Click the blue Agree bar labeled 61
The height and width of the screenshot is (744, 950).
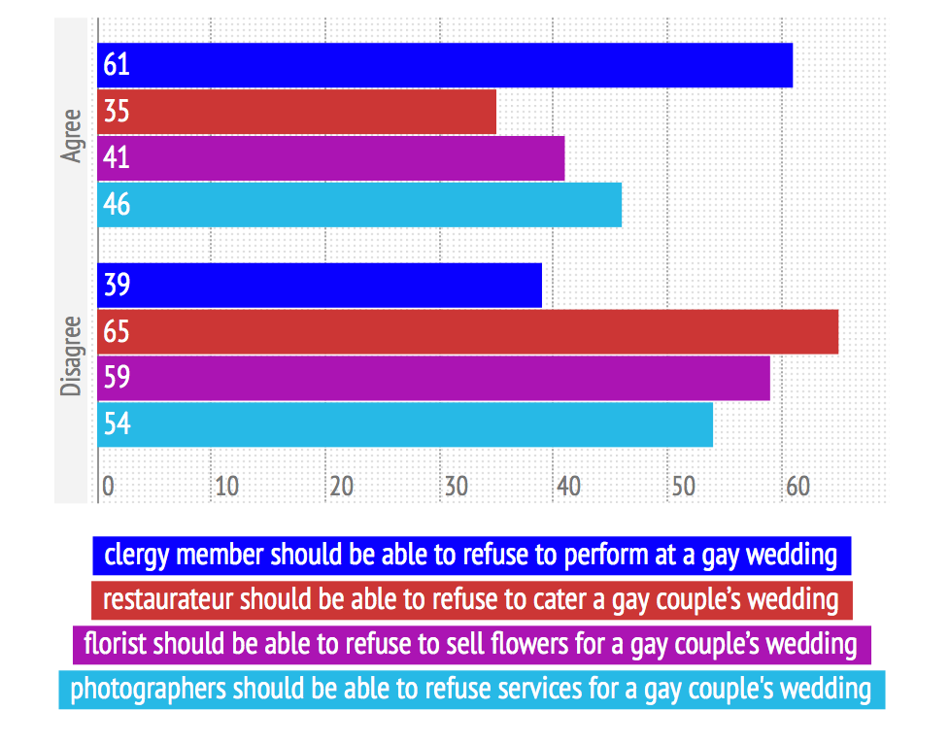click(x=445, y=66)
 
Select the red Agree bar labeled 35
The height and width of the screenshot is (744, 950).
click(x=296, y=112)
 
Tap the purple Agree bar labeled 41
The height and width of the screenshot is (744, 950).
click(x=330, y=158)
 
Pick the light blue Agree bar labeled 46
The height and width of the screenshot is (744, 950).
click(x=359, y=205)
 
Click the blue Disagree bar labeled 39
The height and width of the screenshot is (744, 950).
click(x=320, y=286)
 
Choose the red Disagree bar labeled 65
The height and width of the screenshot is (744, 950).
click(x=467, y=332)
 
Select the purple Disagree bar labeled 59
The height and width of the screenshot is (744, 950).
click(x=433, y=378)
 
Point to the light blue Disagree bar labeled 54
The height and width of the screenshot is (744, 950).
click(x=405, y=424)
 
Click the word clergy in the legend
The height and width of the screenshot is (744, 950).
click(x=135, y=556)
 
